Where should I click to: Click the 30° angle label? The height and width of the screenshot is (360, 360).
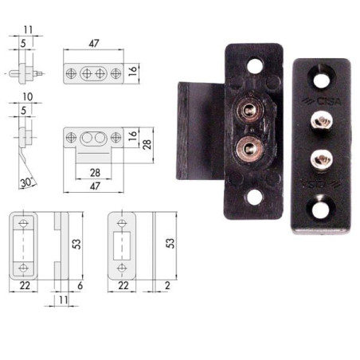coord(25,182)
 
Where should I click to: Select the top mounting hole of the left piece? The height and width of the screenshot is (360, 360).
coord(256,66)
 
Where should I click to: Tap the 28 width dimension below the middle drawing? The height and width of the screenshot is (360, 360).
coord(94,171)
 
